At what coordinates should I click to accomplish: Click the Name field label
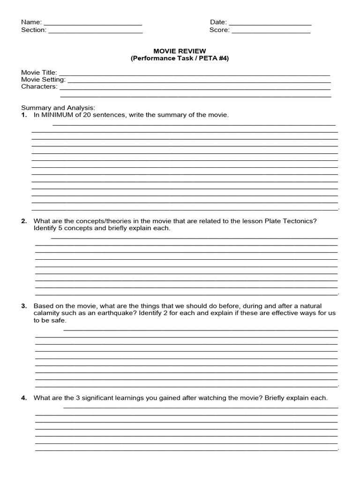pos(31,22)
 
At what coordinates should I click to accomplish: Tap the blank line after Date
pos(270,23)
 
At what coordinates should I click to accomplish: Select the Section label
pos(33,30)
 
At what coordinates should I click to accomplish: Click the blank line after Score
pos(271,31)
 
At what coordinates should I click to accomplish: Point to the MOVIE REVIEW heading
pos(180,51)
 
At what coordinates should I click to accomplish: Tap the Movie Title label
pos(39,73)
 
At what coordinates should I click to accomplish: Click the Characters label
pos(39,87)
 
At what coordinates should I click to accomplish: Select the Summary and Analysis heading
pos(58,108)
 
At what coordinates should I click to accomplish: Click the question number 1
pos(23,115)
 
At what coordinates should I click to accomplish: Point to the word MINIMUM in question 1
pos(56,115)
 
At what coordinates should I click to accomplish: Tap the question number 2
pos(23,221)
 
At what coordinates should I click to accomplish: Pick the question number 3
pos(23,306)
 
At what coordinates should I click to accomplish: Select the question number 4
pos(23,398)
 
